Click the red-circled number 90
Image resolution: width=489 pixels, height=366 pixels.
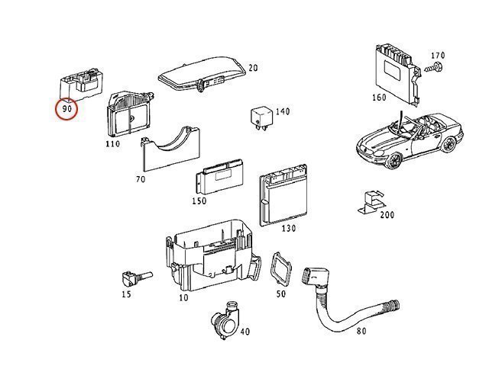pos(68,110)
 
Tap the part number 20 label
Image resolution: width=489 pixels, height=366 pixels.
pos(253,68)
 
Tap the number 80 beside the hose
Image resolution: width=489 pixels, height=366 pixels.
pos(361,331)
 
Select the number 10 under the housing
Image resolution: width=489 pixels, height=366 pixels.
pos(183,297)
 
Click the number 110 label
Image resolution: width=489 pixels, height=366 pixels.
pos(114,143)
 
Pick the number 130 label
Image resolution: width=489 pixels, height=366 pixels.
pos(289,229)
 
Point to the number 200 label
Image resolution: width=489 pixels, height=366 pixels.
pos(387,215)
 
